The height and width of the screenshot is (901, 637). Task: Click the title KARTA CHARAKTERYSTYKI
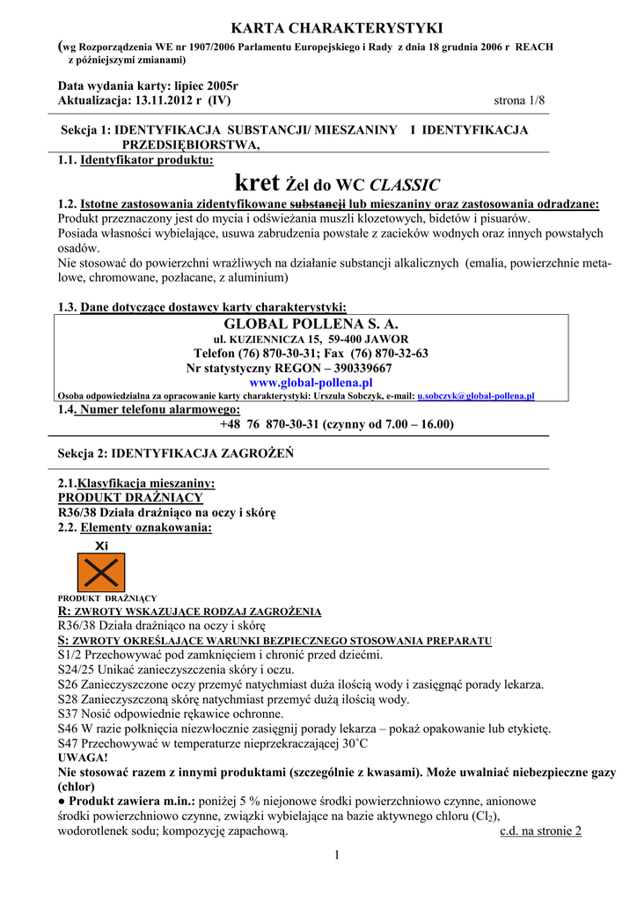(318, 29)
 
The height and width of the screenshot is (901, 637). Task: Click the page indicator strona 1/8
(520, 100)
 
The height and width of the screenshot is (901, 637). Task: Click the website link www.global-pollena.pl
(311, 383)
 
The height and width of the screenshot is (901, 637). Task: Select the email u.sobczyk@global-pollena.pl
(475, 397)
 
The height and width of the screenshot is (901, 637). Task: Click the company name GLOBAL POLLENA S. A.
(311, 325)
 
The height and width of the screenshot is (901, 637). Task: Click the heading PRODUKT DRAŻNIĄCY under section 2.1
(130, 498)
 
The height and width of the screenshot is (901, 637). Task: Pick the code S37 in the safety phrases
(67, 714)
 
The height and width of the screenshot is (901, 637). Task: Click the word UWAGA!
(83, 758)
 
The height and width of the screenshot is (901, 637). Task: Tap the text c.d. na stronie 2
(540, 831)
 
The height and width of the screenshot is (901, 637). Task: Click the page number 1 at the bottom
(337, 855)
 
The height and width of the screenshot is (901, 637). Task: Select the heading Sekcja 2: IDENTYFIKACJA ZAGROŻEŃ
(175, 453)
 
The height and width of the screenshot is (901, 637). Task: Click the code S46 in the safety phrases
(67, 729)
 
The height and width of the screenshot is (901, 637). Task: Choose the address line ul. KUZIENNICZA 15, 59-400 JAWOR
(311, 339)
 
